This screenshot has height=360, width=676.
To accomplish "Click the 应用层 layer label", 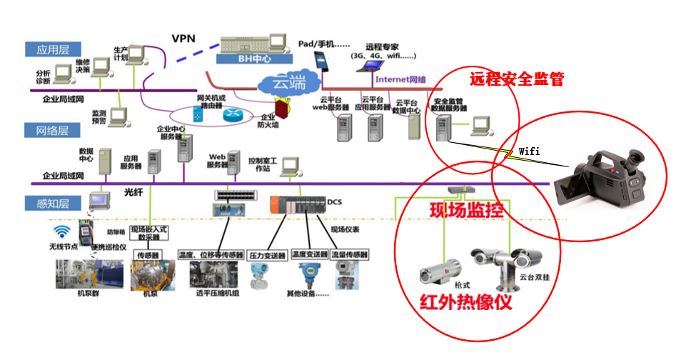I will [x=46, y=49].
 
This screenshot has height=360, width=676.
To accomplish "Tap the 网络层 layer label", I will [x=46, y=130].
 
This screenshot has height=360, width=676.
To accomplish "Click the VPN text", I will [x=184, y=37].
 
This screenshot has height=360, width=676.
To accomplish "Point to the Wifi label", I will [x=529, y=151].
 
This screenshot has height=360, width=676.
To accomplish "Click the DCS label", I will [x=335, y=201].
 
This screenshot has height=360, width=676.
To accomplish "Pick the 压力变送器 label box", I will [x=268, y=255].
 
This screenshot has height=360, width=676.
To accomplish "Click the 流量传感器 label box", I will [x=350, y=255].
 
